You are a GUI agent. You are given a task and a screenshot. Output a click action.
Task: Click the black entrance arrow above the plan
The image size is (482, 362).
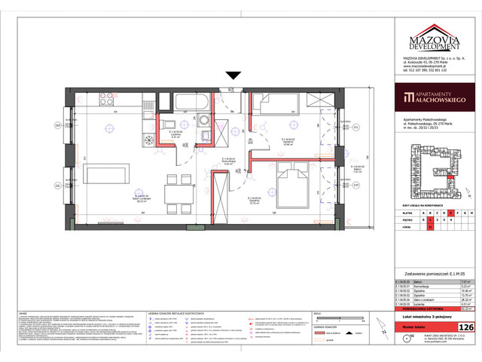point(233,75)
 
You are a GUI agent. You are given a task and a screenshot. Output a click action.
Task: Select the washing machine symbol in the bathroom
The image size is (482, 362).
point(203,121)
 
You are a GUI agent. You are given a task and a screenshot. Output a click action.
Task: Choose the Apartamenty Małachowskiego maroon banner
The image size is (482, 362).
point(435,97)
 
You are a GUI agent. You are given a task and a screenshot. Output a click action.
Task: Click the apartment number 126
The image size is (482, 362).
point(466,327)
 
